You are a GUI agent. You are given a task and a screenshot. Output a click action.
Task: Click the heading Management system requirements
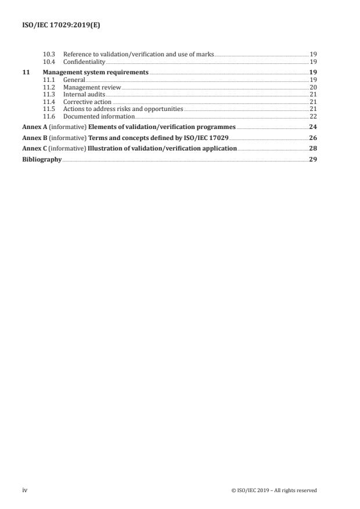coord(96,72)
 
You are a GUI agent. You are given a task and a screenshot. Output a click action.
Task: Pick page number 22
coord(312,116)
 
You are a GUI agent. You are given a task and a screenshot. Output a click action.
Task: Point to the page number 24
coord(312,127)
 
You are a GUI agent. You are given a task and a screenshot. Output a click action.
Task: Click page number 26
coord(312,138)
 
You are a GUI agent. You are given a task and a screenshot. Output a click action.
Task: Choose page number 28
coord(312,148)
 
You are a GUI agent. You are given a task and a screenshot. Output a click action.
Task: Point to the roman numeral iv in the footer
coord(24,490)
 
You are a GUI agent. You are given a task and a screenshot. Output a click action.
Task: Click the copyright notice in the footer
coord(273,490)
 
